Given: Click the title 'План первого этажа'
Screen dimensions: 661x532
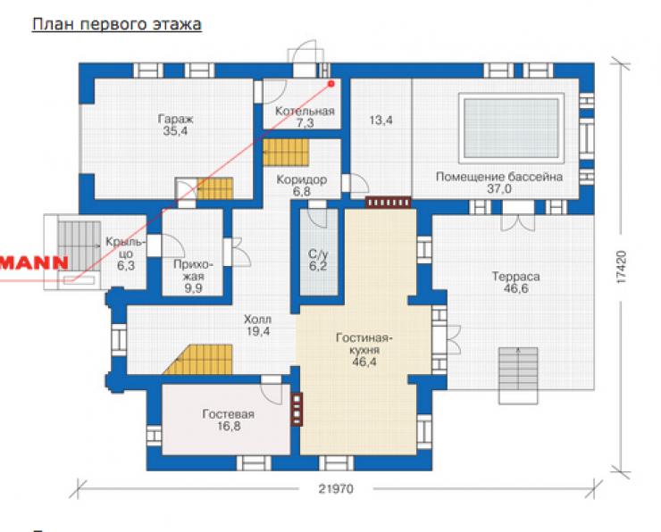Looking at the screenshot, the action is pyautogui.click(x=117, y=24).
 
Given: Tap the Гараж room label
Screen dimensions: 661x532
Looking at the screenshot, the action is pyautogui.click(x=175, y=119).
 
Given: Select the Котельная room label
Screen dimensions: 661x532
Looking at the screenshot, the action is pyautogui.click(x=305, y=112).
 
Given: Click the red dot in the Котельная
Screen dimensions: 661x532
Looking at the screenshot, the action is pyautogui.click(x=331, y=83).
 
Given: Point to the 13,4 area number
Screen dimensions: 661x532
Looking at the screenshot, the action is pyautogui.click(x=381, y=121).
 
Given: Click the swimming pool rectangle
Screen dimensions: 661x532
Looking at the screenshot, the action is pyautogui.click(x=511, y=128).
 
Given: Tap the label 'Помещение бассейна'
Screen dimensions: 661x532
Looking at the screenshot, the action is pyautogui.click(x=499, y=177).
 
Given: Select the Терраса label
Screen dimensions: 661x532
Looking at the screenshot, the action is pyautogui.click(x=516, y=277).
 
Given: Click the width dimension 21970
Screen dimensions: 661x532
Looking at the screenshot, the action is pyautogui.click(x=336, y=489).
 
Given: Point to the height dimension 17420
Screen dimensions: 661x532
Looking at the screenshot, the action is pyautogui.click(x=621, y=267).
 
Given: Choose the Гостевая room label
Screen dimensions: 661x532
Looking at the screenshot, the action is pyautogui.click(x=229, y=414).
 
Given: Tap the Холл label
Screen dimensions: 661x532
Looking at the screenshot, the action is pyautogui.click(x=257, y=320).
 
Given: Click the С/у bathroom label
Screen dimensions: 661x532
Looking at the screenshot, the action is pyautogui.click(x=318, y=254).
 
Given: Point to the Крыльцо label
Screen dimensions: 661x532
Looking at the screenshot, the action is pyautogui.click(x=126, y=247).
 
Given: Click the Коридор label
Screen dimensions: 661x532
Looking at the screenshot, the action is pyautogui.click(x=301, y=179).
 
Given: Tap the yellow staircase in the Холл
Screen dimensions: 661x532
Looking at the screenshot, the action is pyautogui.click(x=198, y=360).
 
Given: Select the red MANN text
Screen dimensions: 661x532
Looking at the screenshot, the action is pyautogui.click(x=34, y=262).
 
